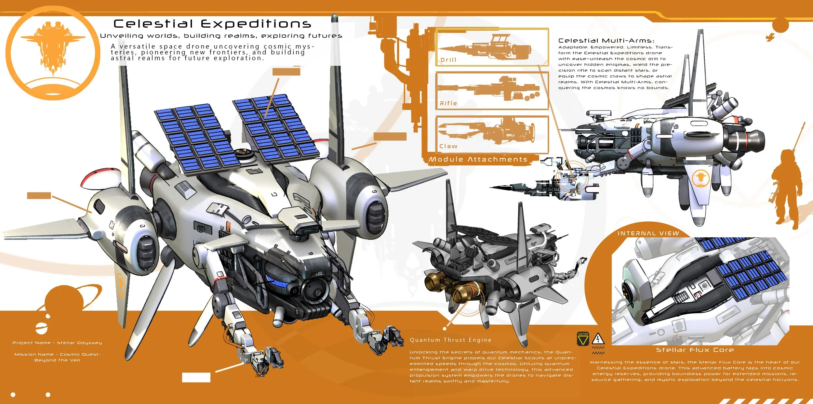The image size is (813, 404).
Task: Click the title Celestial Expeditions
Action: (212, 24)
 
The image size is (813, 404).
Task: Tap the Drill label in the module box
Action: (448, 60)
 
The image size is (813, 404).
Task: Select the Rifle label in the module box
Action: (448, 103)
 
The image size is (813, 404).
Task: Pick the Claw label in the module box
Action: (448, 146)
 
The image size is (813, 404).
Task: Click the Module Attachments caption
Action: (478, 159)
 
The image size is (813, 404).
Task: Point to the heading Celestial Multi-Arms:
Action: (606, 41)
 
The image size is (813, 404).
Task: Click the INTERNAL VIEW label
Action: (648, 233)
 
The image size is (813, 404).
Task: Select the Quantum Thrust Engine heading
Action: (450, 340)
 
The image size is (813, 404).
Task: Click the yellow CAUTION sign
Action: (583, 339)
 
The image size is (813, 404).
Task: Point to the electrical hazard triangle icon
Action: (598, 339)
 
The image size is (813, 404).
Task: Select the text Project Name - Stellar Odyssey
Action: (57, 343)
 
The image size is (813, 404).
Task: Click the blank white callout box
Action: (196, 377)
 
